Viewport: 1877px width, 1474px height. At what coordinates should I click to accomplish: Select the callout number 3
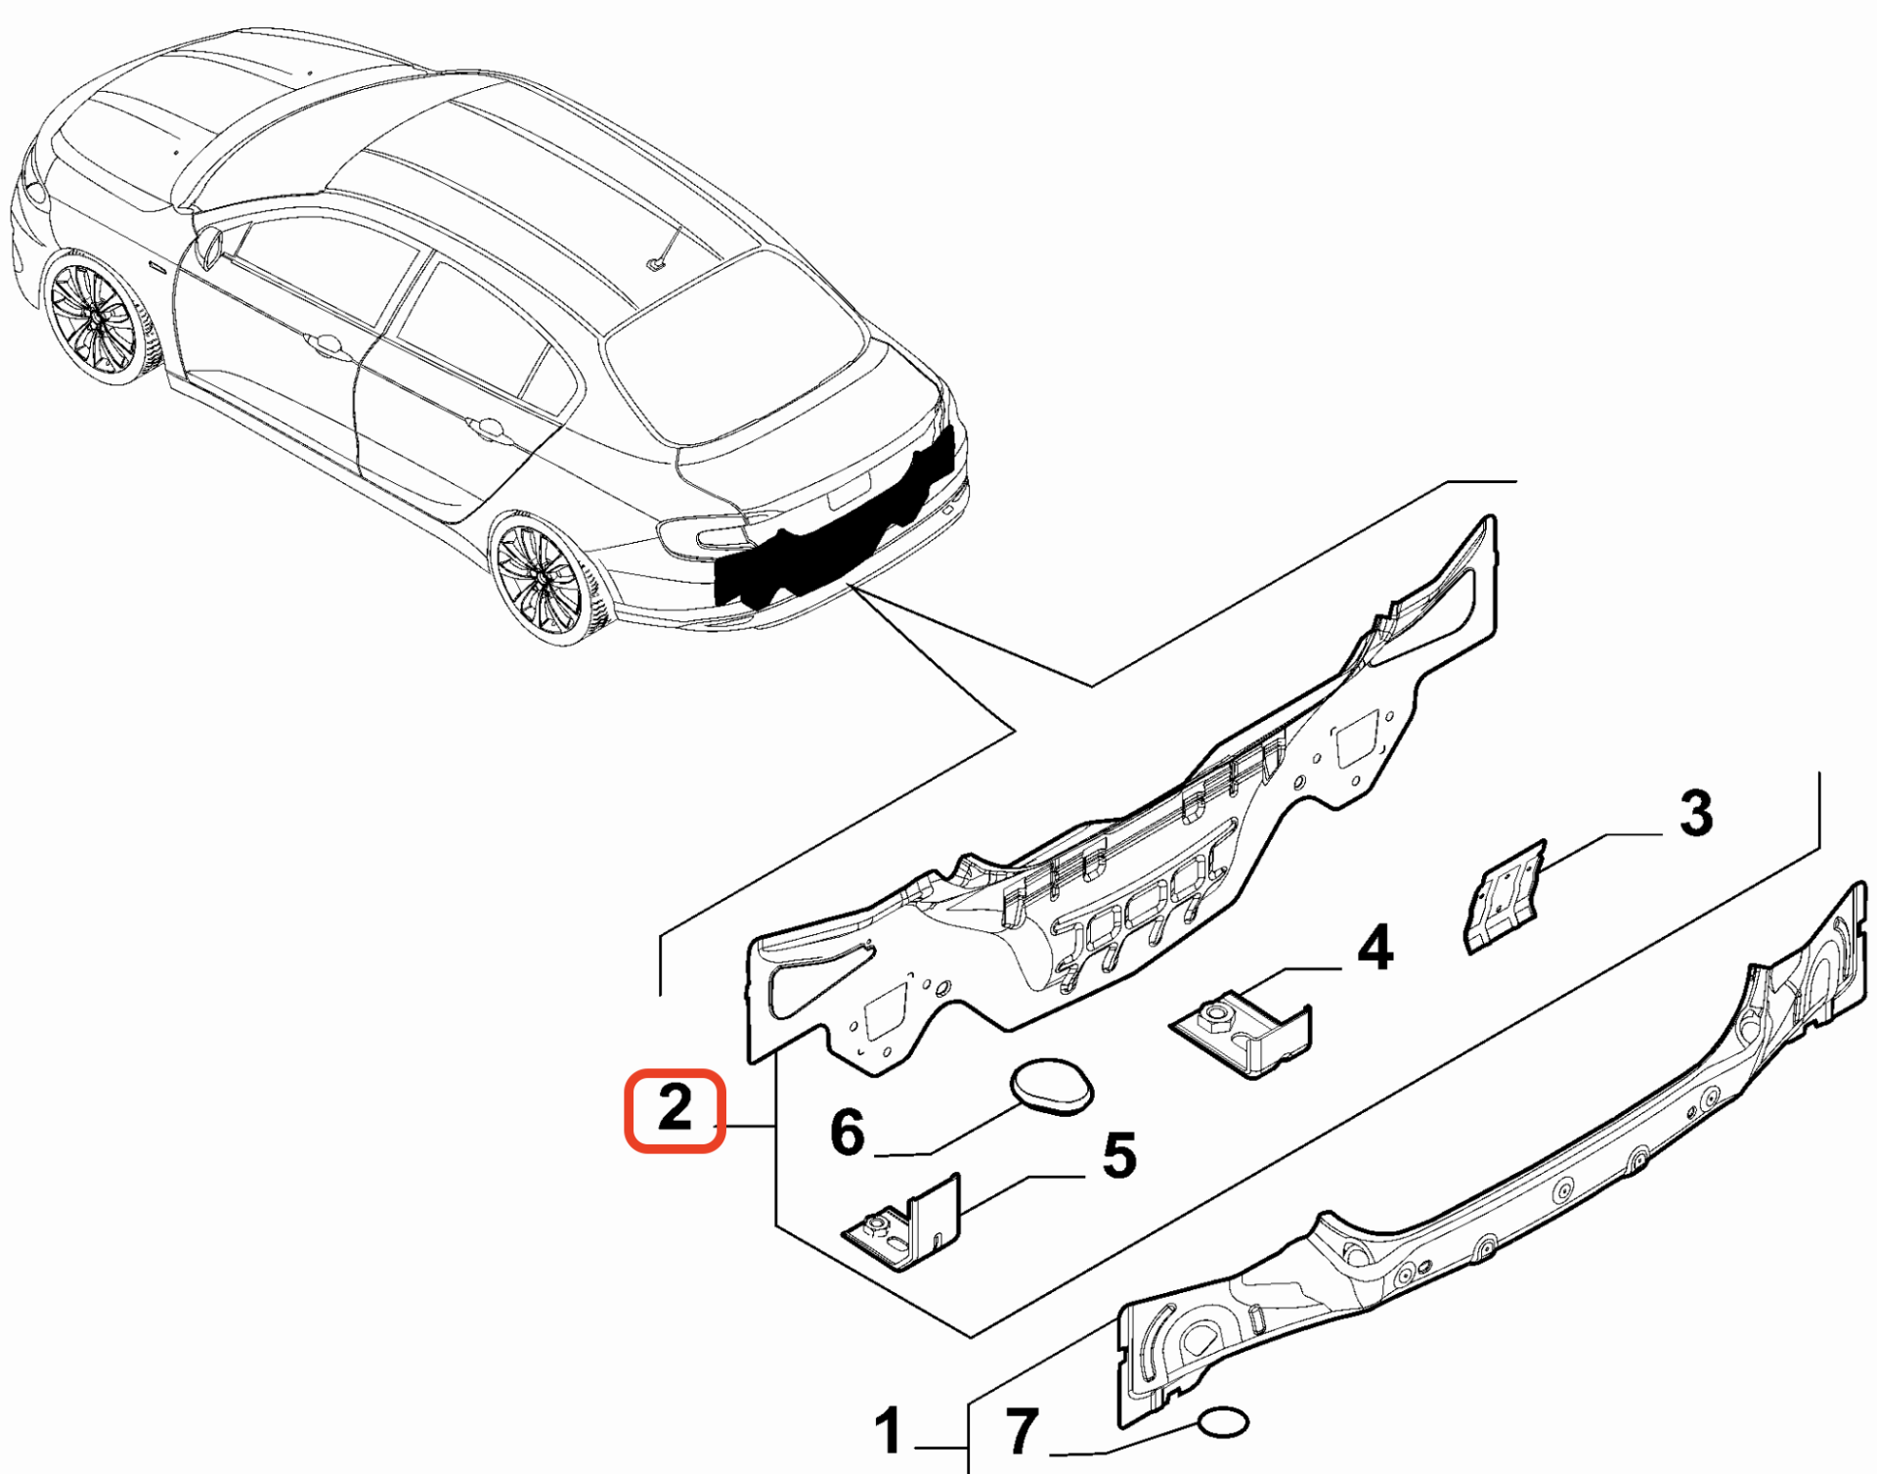coord(1696,814)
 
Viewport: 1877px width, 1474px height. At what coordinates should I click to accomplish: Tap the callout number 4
coord(1375,948)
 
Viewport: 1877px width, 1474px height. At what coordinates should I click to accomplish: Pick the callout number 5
coord(1118,1155)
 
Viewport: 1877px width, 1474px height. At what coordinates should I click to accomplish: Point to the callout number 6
coord(847,1133)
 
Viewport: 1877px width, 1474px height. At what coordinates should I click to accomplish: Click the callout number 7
coord(1022,1432)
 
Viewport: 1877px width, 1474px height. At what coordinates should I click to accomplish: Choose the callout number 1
coord(887,1432)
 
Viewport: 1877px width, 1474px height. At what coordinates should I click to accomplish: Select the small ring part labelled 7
coord(1223,1423)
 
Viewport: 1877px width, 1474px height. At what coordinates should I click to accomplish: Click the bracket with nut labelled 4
coord(1246,1036)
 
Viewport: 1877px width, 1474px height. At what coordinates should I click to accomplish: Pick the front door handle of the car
coord(323,343)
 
